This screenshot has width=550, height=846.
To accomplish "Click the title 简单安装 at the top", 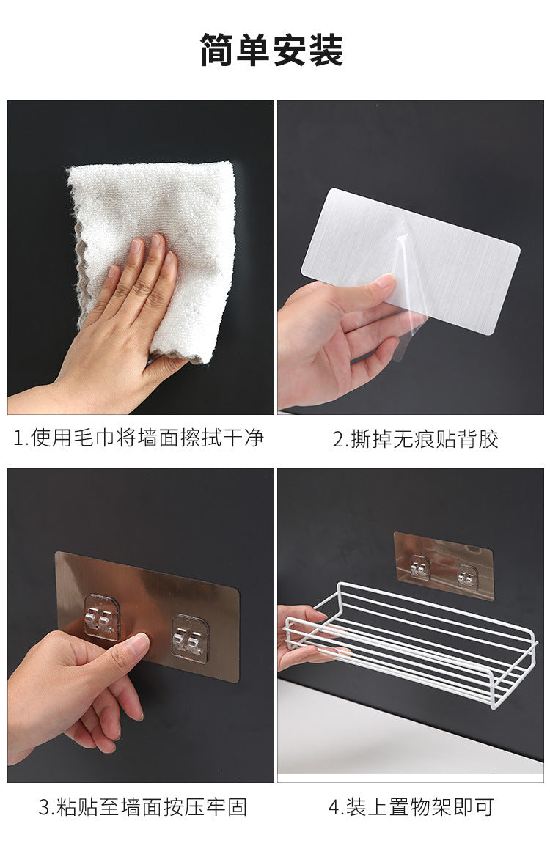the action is pyautogui.click(x=271, y=50).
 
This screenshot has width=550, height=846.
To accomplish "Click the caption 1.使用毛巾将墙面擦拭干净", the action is pyautogui.click(x=139, y=437).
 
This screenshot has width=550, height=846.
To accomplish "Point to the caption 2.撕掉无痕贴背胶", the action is pyautogui.click(x=415, y=438).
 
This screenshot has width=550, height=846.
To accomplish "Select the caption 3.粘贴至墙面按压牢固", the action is pyautogui.click(x=143, y=807).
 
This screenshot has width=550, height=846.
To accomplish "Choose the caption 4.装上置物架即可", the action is pyautogui.click(x=411, y=807).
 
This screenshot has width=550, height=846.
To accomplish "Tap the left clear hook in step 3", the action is pyautogui.click(x=101, y=617).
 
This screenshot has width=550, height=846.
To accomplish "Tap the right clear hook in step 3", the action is pyautogui.click(x=190, y=639).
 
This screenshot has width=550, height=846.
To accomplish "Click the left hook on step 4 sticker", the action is pyautogui.click(x=419, y=567).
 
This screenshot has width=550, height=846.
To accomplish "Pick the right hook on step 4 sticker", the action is pyautogui.click(x=467, y=575).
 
